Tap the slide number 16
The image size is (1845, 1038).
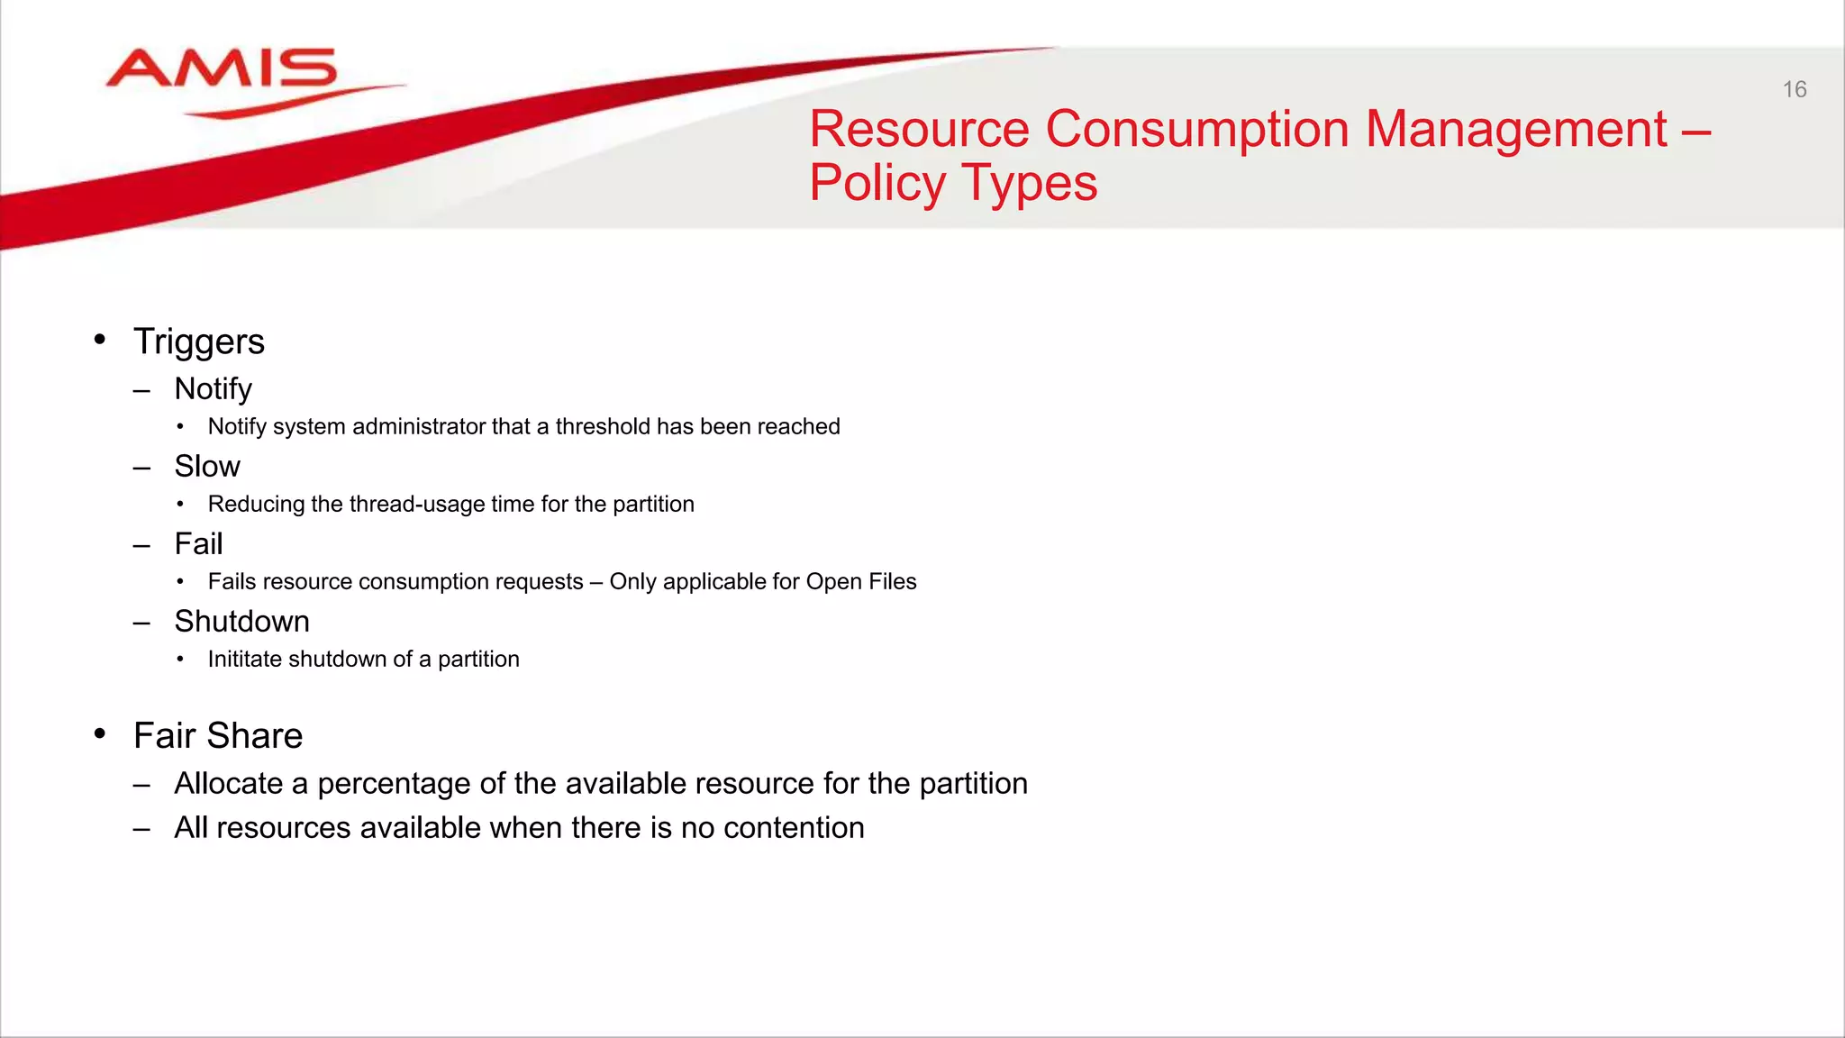1794,89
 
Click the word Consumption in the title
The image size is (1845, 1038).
1196,129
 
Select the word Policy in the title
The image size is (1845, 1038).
877,183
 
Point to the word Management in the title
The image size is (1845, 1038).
1516,129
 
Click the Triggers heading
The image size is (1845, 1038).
199,342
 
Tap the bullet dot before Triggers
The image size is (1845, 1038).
100,340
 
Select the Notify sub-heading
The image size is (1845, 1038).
213,389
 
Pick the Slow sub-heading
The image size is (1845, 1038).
207,467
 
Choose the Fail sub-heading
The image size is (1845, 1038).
198,544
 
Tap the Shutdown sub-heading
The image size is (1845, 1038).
241,622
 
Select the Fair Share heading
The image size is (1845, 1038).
218,736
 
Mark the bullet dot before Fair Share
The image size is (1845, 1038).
100,733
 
